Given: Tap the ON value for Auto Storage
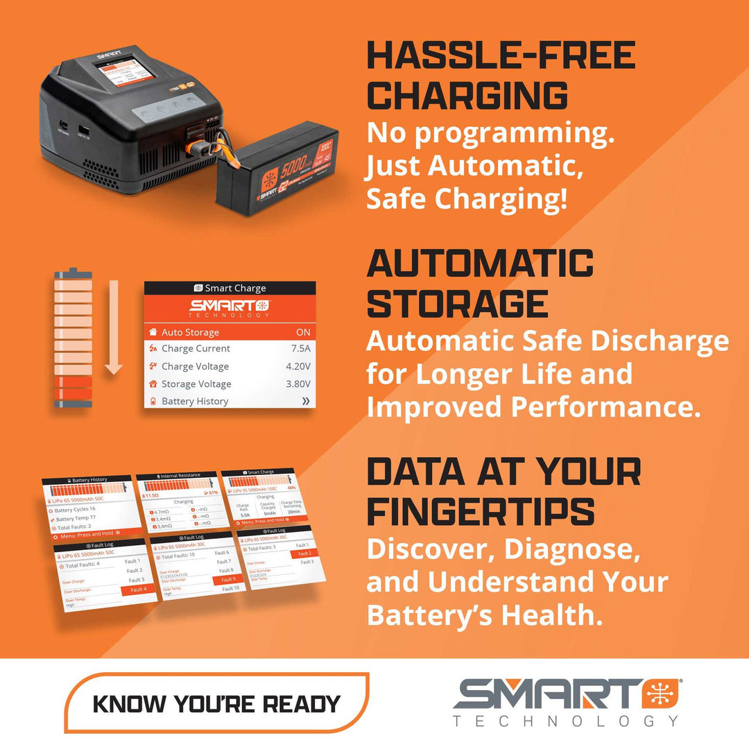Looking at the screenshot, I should (x=302, y=332).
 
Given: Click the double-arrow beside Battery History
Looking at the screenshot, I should (x=305, y=402).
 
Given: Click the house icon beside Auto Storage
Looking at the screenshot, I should (x=153, y=332).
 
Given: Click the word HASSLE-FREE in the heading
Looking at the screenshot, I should (x=501, y=56).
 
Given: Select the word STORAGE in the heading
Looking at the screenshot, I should (x=457, y=303).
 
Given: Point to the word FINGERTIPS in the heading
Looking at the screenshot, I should (x=481, y=511).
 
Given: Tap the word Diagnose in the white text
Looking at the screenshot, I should (x=568, y=549).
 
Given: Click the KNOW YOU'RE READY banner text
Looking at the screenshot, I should (x=216, y=703).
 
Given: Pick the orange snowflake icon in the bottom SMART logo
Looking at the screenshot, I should (x=661, y=694).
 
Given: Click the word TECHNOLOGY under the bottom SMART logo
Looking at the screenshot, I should (x=565, y=721).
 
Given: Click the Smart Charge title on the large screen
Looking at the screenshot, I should (x=230, y=289).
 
